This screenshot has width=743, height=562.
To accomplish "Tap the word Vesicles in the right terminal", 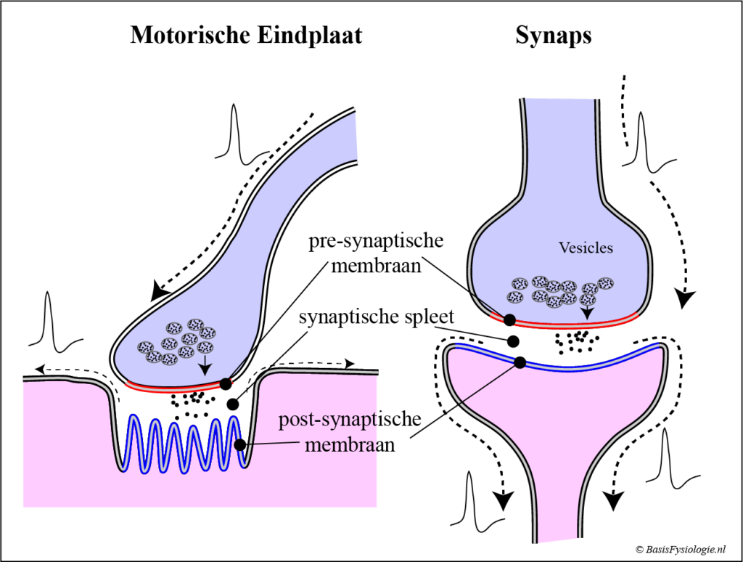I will [x=586, y=248].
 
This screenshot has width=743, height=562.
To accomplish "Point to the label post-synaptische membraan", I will [x=350, y=431].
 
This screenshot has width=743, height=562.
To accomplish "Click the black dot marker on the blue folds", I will [x=239, y=444].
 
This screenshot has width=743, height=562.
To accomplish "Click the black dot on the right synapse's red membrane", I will [x=510, y=319].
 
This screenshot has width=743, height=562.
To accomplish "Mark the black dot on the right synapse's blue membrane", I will [x=520, y=362].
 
